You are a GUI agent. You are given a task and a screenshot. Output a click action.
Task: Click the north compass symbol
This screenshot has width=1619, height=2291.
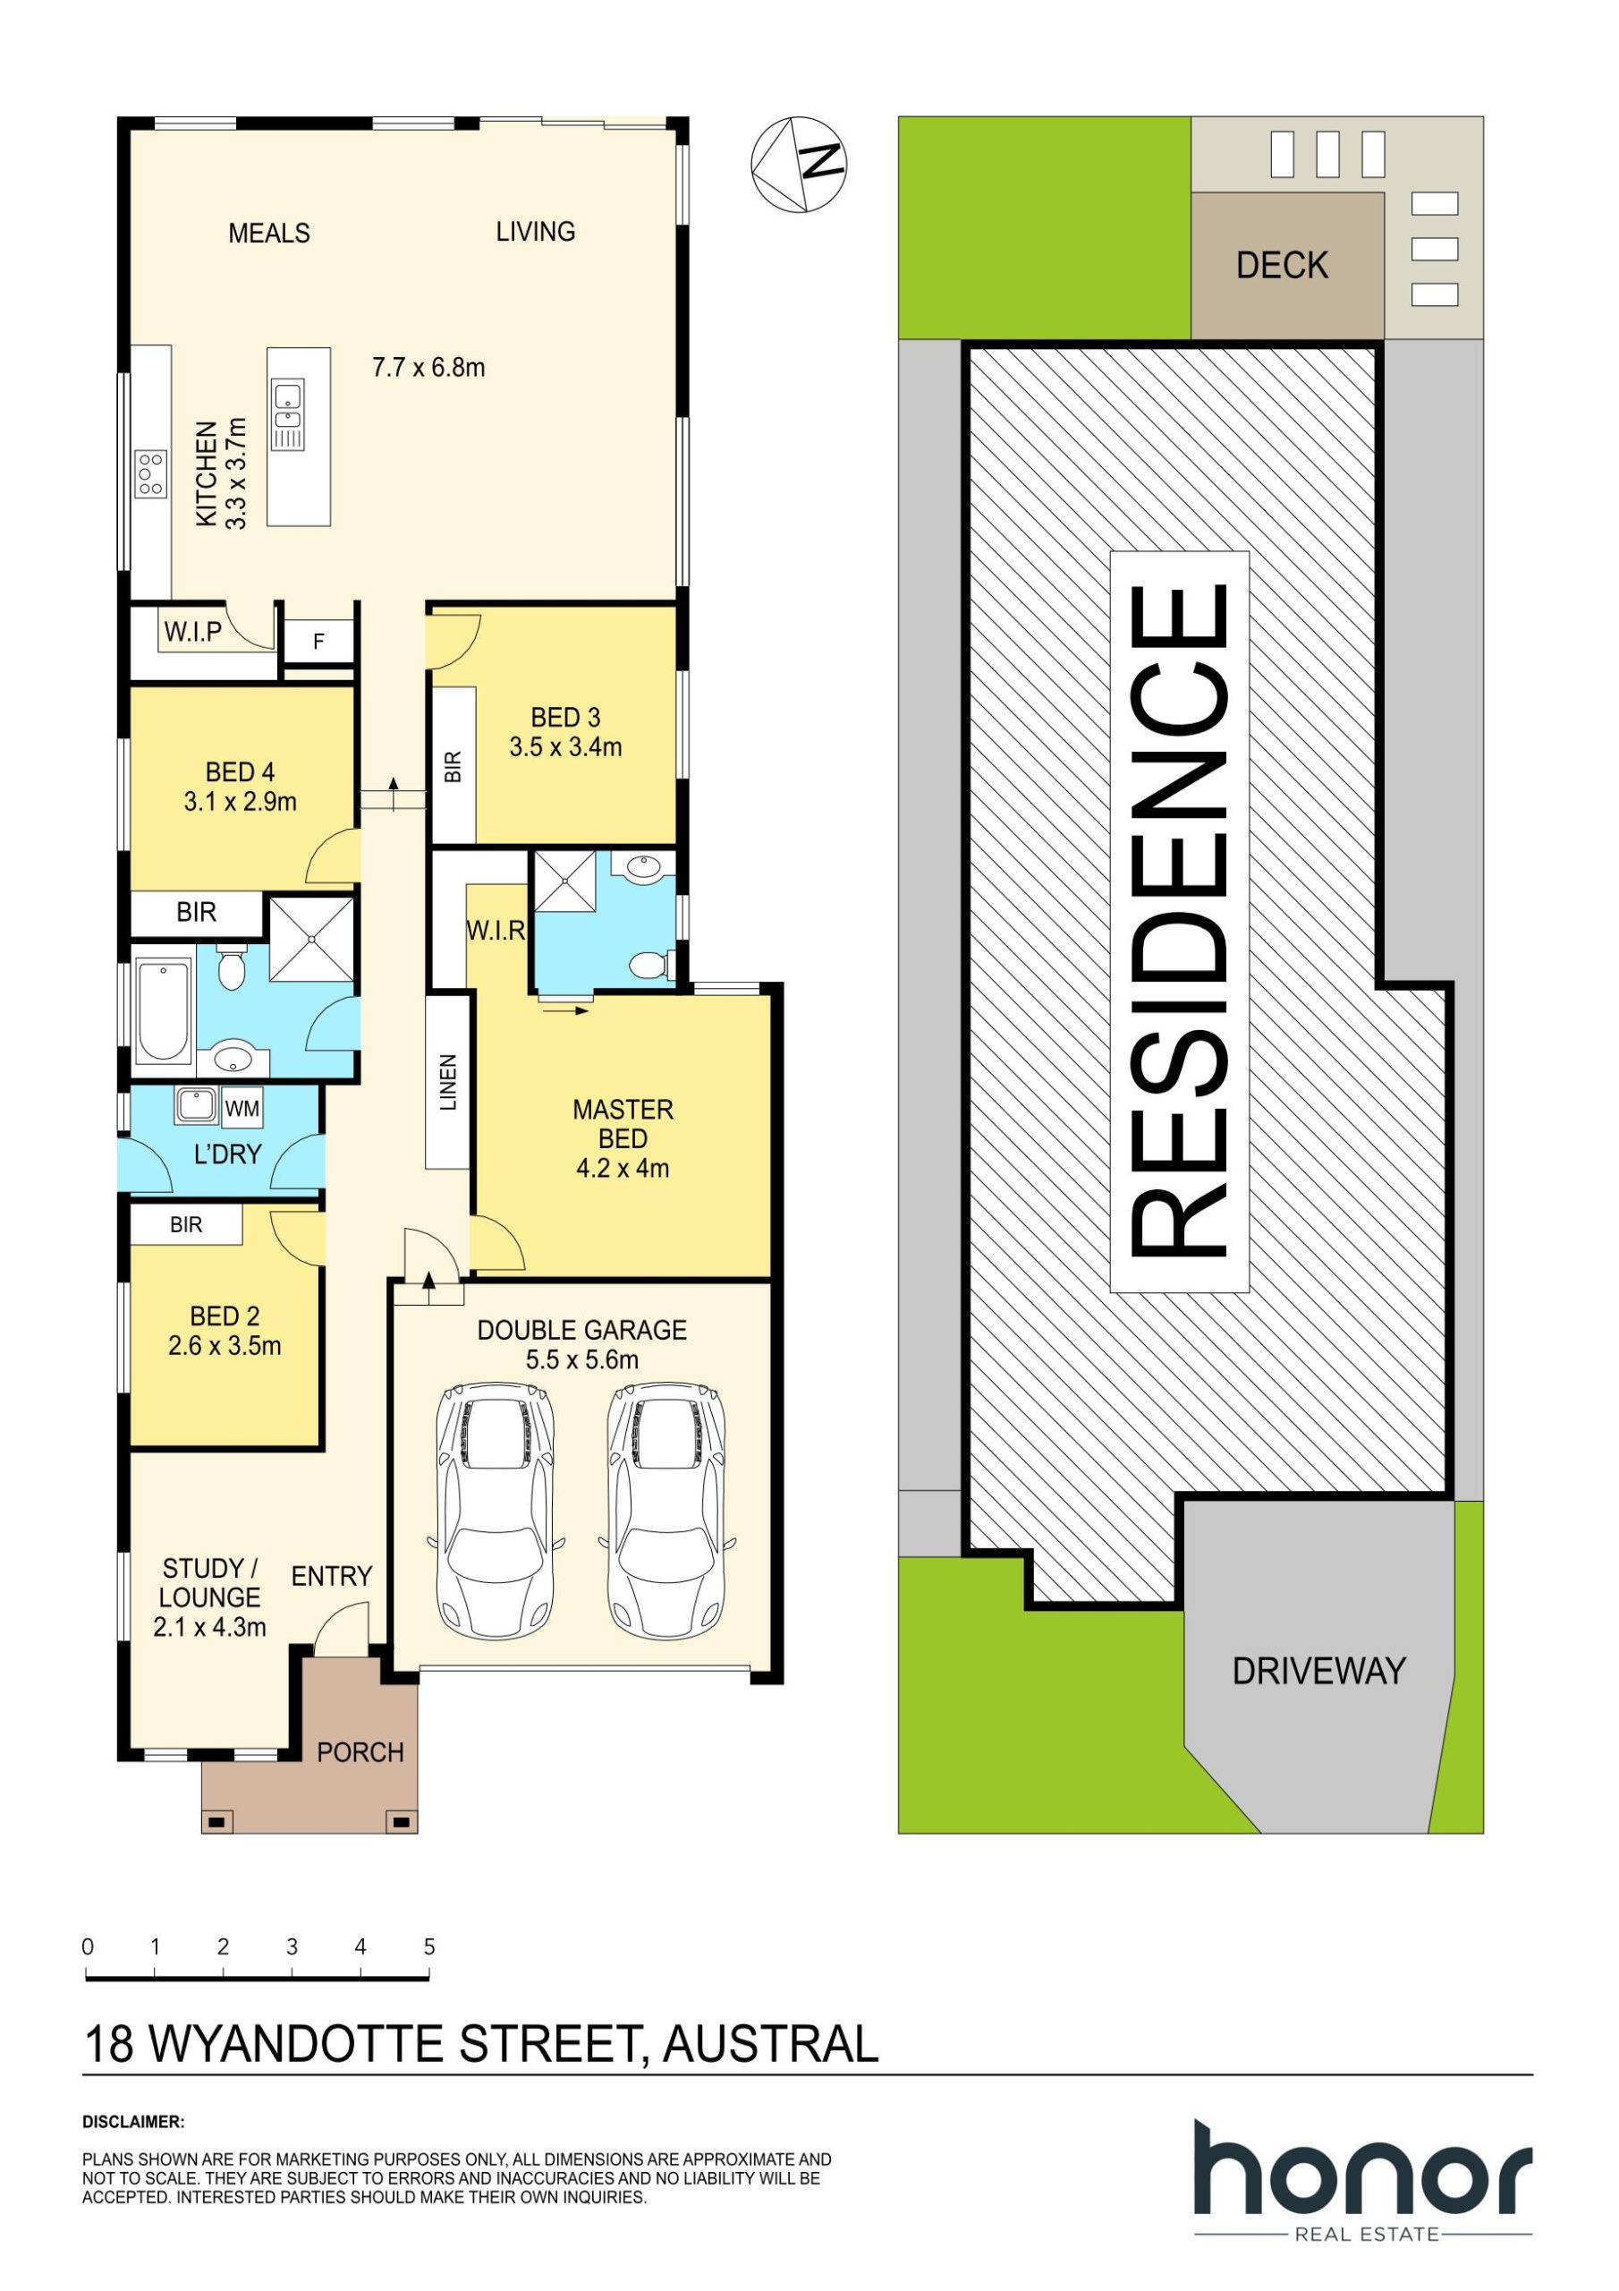[798, 165]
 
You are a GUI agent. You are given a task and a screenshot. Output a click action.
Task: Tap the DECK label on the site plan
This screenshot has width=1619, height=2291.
[1282, 266]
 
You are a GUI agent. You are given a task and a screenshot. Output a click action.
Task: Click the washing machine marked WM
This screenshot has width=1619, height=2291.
[242, 1109]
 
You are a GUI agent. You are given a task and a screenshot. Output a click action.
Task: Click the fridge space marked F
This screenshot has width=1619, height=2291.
[319, 641]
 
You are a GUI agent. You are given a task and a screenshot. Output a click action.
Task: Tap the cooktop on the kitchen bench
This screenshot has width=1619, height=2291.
[152, 474]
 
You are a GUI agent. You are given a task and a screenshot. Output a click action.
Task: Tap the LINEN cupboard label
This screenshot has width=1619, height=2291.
[448, 1082]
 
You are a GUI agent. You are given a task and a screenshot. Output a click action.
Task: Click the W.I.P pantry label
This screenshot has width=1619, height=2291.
[192, 632]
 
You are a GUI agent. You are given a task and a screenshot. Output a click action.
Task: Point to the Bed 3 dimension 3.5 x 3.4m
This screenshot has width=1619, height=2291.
[565, 746]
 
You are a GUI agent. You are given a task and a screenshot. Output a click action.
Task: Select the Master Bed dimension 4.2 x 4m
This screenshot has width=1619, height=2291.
[623, 1168]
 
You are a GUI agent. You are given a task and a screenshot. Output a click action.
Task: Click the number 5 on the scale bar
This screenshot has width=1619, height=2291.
[429, 1946]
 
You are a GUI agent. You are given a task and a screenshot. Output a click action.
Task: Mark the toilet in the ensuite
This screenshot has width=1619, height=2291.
[651, 965]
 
